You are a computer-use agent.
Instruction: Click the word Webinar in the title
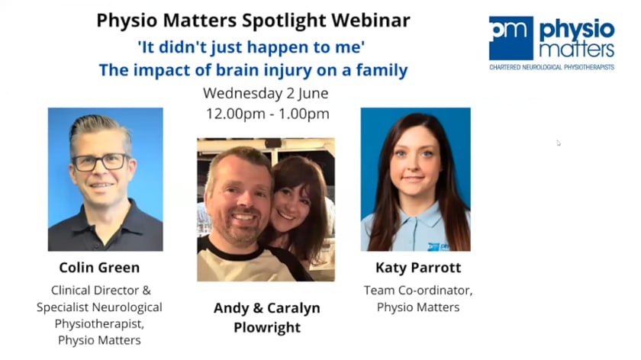point(370,21)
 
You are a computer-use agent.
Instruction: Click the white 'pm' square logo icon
point(511,38)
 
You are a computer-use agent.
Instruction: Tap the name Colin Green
point(99,268)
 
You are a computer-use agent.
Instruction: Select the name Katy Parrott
point(418,268)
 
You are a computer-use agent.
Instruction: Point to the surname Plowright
point(267,328)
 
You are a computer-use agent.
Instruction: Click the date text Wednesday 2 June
point(266,93)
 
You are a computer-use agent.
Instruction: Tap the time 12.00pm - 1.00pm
point(267,114)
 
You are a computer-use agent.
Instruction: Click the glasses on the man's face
point(101,162)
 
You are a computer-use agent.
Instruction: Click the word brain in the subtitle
point(237,70)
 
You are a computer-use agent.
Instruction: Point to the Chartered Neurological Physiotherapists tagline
point(552,67)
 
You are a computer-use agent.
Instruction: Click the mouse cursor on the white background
point(559,143)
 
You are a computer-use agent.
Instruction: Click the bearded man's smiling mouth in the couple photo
point(243,217)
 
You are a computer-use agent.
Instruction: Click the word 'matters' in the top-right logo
point(576,50)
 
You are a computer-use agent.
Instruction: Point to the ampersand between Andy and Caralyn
point(258,308)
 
